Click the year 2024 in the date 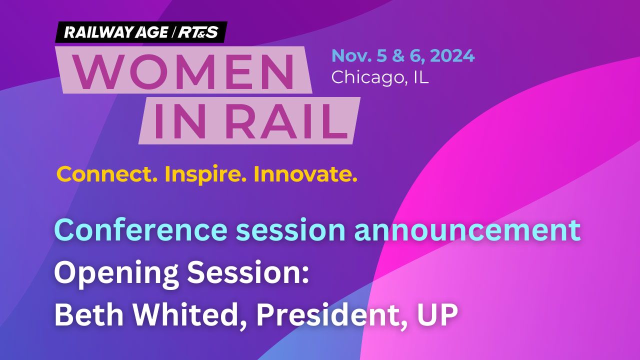coord(452,55)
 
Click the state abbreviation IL coord(420,77)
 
